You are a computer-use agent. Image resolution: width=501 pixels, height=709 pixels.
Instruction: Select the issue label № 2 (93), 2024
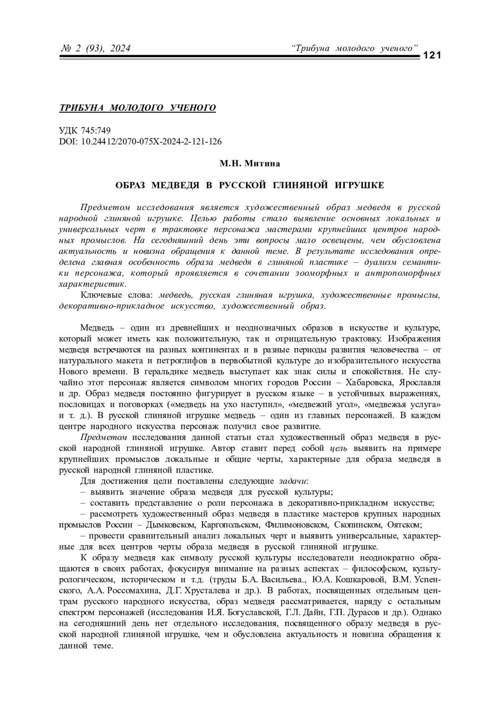point(96,49)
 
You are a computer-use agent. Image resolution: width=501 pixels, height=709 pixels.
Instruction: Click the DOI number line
point(141,142)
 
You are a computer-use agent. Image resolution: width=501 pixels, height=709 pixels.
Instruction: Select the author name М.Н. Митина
point(250,164)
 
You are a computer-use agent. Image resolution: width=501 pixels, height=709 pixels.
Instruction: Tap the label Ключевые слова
point(117,295)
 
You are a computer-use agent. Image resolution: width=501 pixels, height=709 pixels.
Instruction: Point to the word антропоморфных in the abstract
point(402,273)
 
